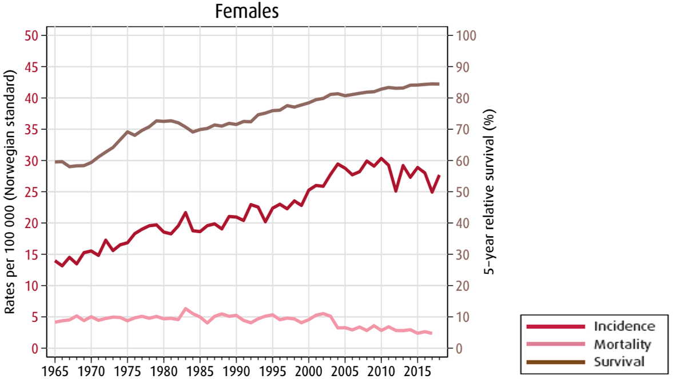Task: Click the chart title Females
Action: click(x=246, y=11)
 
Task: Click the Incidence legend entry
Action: click(x=624, y=326)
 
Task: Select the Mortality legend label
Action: click(x=622, y=344)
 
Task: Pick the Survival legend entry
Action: click(x=619, y=362)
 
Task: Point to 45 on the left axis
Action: click(x=30, y=67)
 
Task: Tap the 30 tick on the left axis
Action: click(x=30, y=161)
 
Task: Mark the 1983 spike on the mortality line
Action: click(x=185, y=309)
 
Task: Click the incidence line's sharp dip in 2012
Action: click(x=396, y=190)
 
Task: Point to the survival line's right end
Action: click(x=439, y=84)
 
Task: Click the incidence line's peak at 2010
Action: click(x=381, y=158)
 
